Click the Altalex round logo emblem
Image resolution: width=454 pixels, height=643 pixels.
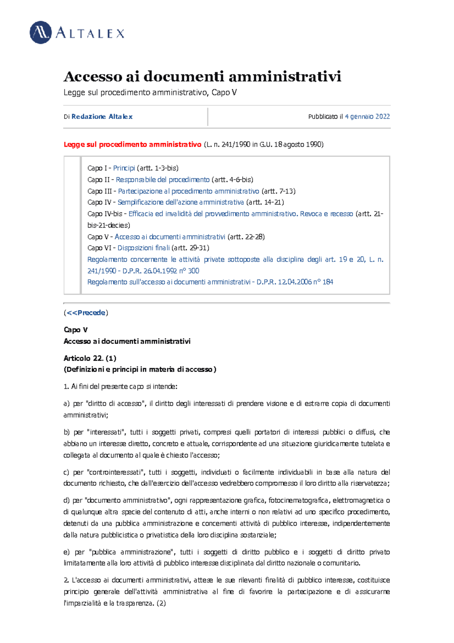click(x=40, y=33)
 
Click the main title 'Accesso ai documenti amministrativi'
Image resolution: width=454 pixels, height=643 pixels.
click(x=202, y=76)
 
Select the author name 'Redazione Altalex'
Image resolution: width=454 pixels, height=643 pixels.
click(x=102, y=117)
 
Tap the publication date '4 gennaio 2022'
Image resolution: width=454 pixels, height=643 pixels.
click(x=367, y=117)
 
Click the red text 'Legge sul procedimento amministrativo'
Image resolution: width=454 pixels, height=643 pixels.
click(x=132, y=144)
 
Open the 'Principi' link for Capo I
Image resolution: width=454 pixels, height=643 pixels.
click(x=124, y=168)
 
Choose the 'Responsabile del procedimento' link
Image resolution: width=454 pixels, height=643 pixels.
click(x=163, y=179)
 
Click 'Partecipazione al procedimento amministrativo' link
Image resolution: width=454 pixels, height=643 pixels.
click(x=188, y=191)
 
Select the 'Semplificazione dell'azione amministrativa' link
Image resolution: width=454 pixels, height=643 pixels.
click(x=180, y=202)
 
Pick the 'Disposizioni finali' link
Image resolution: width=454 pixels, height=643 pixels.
click(x=143, y=248)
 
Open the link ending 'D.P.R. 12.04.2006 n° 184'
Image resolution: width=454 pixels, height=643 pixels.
click(x=210, y=282)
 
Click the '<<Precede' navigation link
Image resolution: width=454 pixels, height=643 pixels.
click(x=86, y=313)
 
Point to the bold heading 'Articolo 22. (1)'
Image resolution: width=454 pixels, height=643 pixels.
click(x=90, y=358)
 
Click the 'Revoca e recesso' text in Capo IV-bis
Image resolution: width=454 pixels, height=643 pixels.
click(x=326, y=214)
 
